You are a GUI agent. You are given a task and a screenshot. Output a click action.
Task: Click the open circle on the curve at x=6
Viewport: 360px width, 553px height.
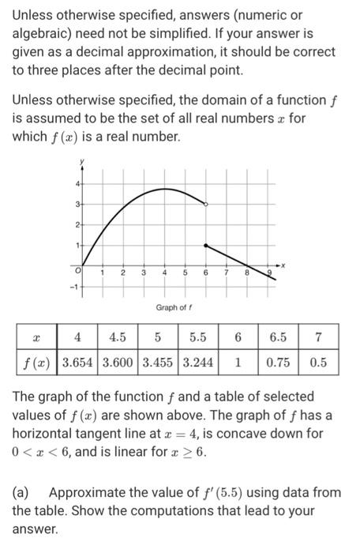point(206,205)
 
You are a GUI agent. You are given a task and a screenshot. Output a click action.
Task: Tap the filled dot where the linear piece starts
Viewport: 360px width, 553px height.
point(206,246)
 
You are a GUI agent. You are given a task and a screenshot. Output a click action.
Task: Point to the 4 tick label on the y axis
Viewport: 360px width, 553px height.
point(77,183)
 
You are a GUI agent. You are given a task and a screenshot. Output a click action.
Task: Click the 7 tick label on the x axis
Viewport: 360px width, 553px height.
point(226,273)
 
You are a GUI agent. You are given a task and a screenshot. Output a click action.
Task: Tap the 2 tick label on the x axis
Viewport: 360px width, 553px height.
point(122,273)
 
